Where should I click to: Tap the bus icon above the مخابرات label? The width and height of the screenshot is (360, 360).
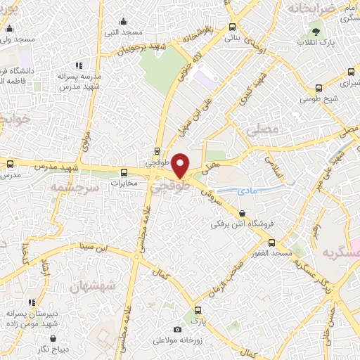point(124,172)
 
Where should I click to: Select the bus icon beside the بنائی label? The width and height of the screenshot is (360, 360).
point(232,27)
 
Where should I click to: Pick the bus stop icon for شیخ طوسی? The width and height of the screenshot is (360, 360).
point(320,89)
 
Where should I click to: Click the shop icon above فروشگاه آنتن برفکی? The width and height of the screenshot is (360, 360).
point(243,213)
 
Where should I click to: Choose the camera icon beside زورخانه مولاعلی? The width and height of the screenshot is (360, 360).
point(177,329)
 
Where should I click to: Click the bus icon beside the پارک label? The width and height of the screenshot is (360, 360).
point(198,309)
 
